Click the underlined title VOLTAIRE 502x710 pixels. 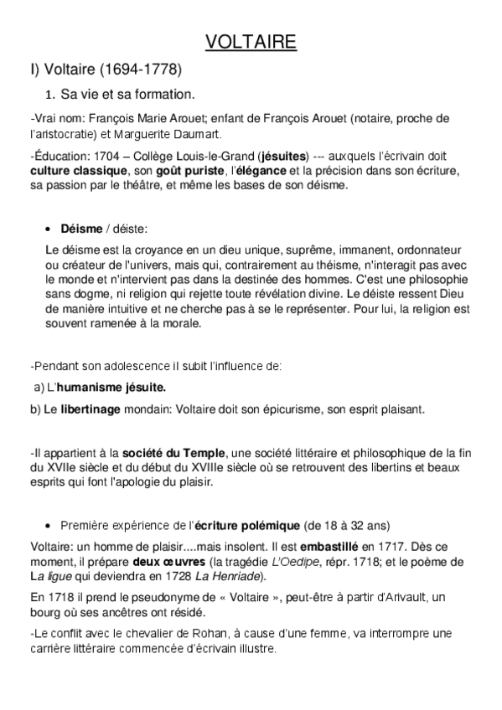(x=251, y=43)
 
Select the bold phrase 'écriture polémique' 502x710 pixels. (x=246, y=525)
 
